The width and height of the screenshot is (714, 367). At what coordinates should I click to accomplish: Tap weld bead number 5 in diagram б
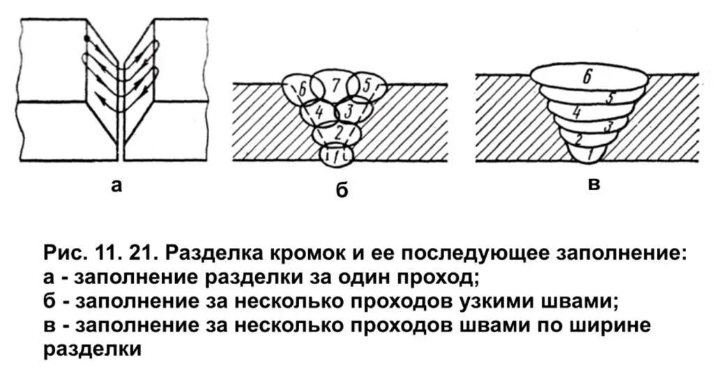[370, 86]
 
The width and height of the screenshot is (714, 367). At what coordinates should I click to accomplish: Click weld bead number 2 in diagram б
[337, 132]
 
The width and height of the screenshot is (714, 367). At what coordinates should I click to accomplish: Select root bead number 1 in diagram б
[337, 155]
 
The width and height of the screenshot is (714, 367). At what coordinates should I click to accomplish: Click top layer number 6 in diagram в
[588, 78]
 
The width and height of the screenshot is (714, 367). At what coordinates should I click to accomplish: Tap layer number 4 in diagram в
[577, 111]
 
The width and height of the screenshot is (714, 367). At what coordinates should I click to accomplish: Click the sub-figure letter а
[116, 185]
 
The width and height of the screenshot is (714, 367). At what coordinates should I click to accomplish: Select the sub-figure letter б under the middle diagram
[342, 190]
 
